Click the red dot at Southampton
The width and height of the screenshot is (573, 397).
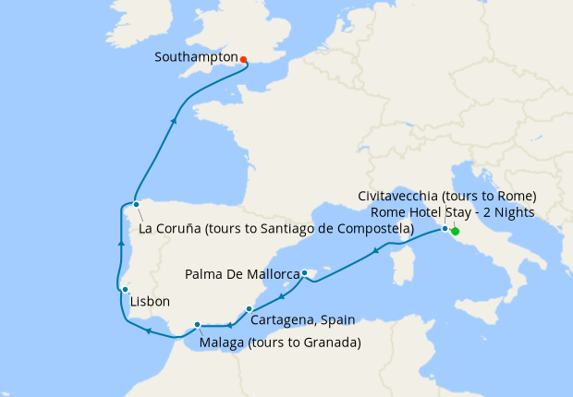pos(243,60)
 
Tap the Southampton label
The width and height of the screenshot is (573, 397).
pos(196,57)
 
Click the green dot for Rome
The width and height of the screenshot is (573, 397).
pos(456,232)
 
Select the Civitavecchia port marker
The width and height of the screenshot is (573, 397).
pos(445,228)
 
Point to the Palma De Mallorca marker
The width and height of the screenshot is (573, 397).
pos(304,273)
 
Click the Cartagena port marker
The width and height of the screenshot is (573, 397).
pos(250,308)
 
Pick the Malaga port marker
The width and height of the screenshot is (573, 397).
pos(198,324)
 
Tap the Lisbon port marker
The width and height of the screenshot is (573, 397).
pos(125,290)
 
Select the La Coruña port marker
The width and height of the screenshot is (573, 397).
pos(136,204)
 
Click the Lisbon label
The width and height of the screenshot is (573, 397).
pos(150,302)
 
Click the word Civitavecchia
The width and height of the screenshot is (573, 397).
pos(398,196)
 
